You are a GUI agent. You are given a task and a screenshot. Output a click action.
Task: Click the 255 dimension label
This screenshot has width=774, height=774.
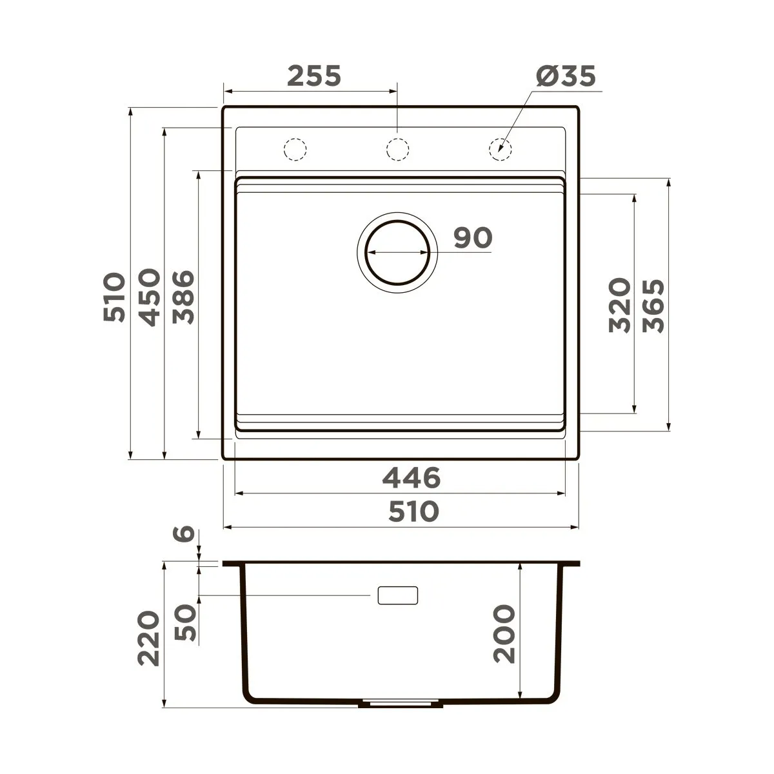pos(314,75)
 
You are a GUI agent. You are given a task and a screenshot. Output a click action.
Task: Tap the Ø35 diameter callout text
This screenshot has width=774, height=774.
pos(566,75)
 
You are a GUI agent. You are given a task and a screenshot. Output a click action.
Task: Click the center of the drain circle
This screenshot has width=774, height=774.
pos(397,253)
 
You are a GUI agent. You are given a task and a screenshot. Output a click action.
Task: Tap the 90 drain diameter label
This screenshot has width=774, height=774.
pos(473,237)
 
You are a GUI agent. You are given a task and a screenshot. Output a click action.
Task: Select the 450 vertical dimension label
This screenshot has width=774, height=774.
pos(150,297)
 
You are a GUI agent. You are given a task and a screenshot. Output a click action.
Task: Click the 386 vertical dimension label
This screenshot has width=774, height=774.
pos(183,297)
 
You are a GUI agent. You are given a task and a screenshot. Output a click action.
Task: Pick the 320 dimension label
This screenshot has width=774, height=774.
pos(619,305)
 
